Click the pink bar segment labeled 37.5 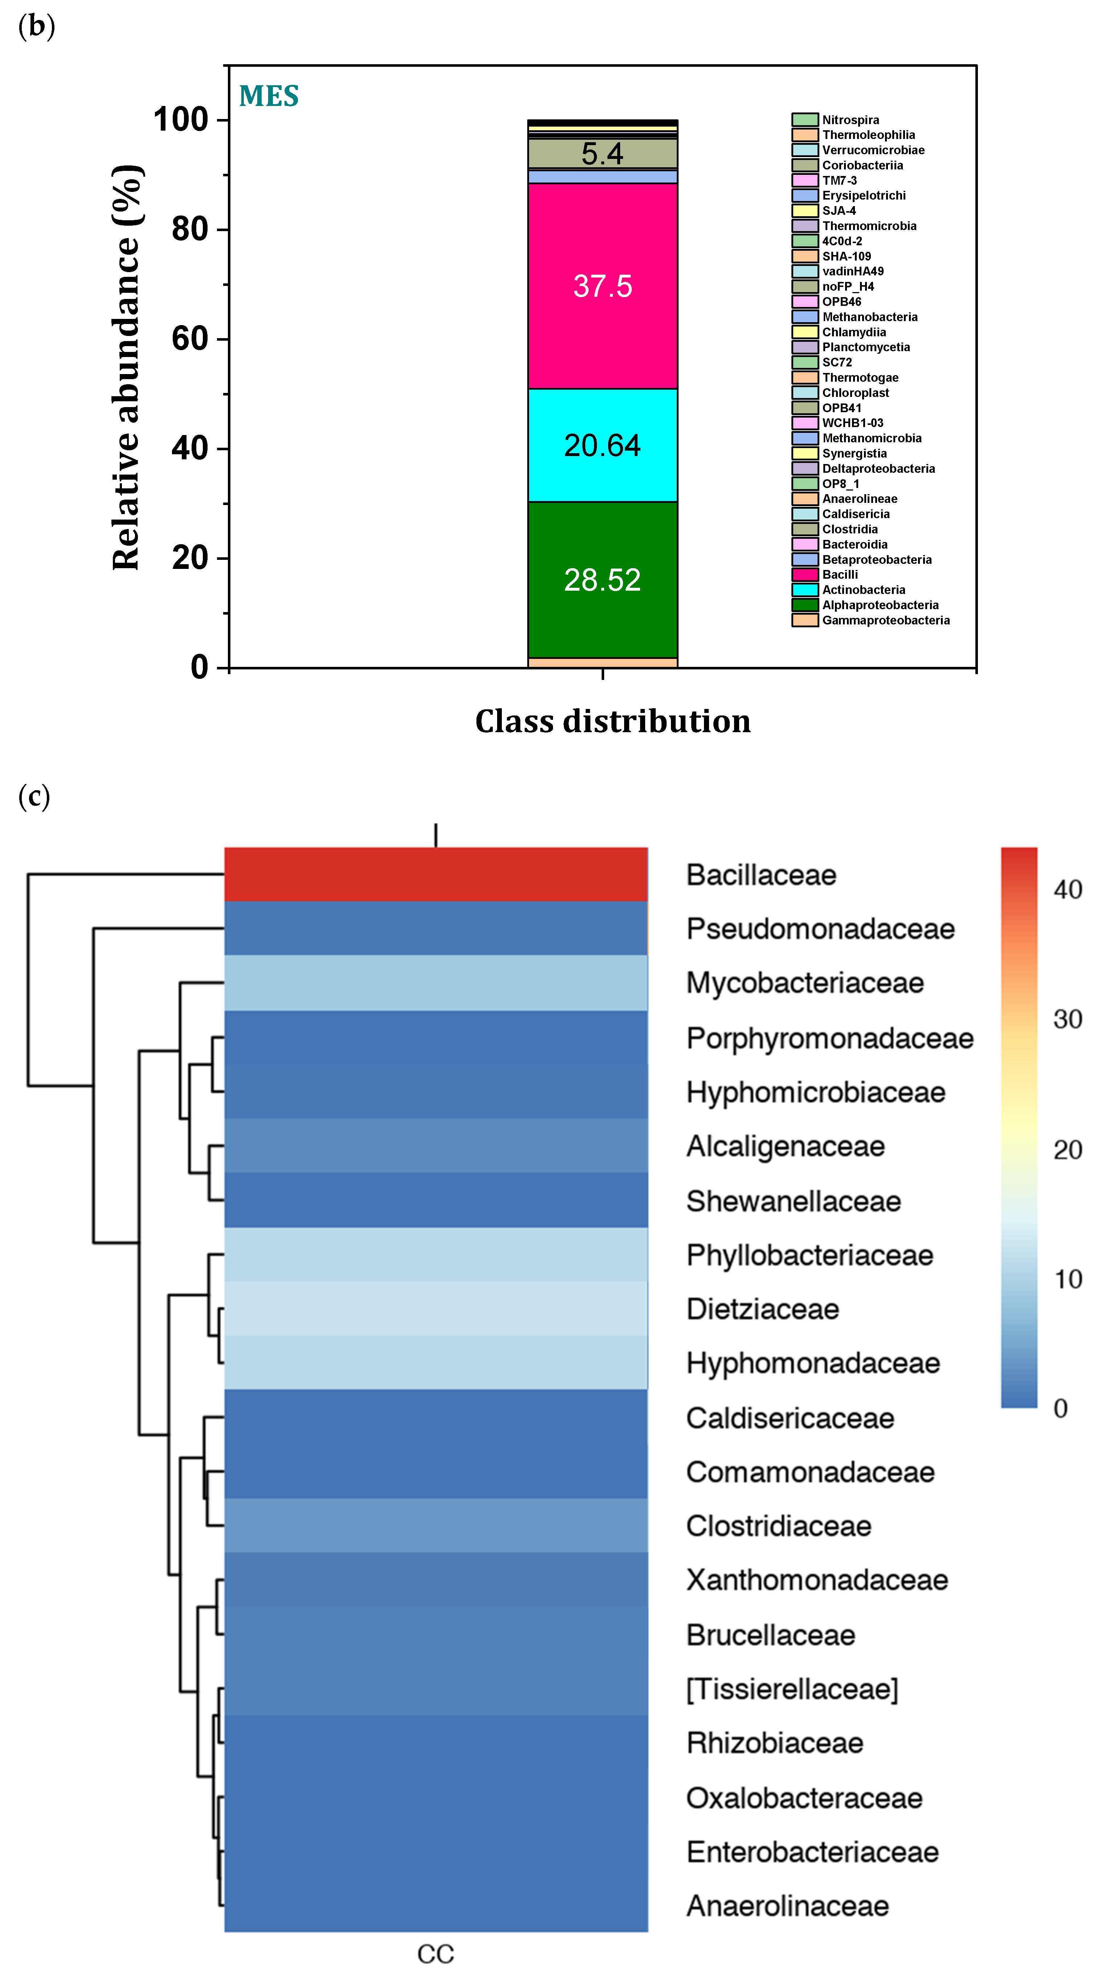[603, 286]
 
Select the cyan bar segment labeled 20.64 [603, 445]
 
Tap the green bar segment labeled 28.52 [603, 579]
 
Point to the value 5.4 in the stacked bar [603, 153]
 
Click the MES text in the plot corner [269, 96]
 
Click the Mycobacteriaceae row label [804, 983]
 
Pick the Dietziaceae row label [762, 1309]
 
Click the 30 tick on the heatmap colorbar [1067, 1019]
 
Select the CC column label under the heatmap [435, 1954]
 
